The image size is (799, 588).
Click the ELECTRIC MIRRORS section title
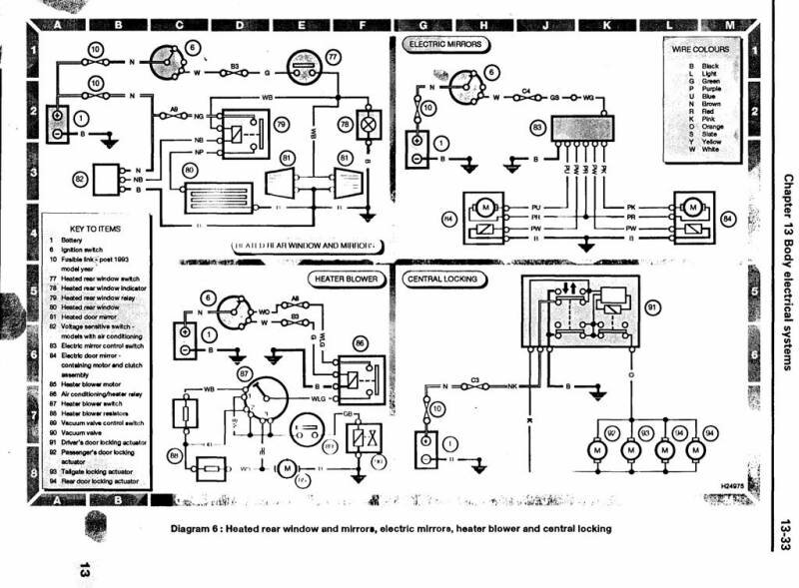[445, 45]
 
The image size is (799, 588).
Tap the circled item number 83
[538, 128]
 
